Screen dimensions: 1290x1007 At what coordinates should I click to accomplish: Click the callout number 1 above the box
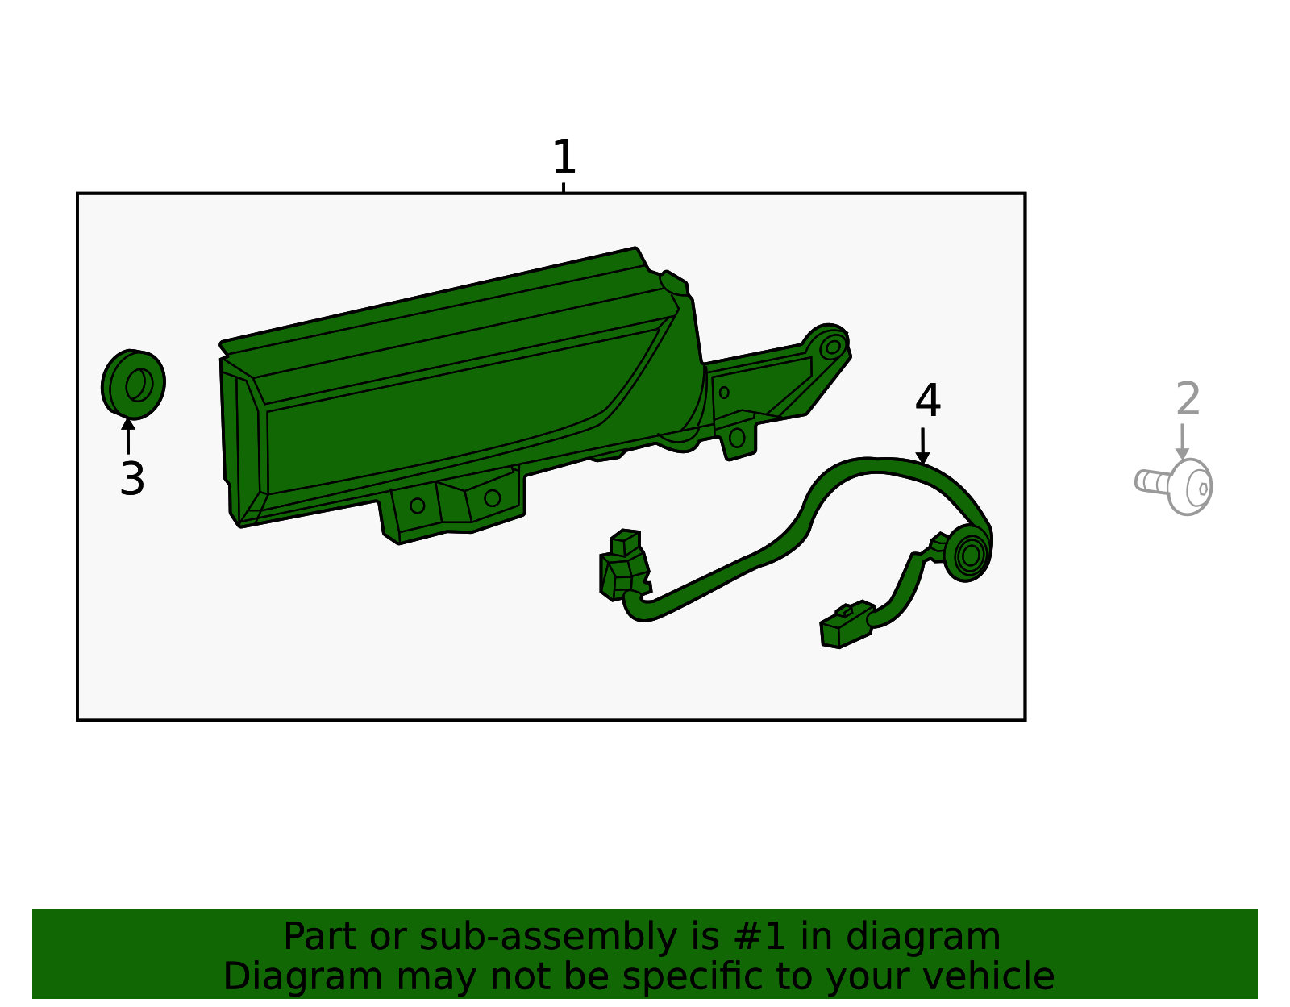click(x=564, y=156)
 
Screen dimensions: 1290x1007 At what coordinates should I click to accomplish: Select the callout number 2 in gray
click(x=1188, y=399)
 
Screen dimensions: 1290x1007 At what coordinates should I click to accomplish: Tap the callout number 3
click(x=131, y=479)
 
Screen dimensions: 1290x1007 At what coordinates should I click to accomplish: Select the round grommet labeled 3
click(x=133, y=384)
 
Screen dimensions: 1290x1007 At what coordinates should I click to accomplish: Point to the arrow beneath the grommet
click(x=127, y=436)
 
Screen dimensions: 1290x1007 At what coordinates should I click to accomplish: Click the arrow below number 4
click(x=922, y=446)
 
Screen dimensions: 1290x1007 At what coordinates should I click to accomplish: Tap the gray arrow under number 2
click(x=1182, y=442)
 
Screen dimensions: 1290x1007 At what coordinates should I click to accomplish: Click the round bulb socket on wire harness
click(x=968, y=554)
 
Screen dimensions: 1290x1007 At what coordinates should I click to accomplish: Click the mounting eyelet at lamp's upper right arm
click(x=833, y=347)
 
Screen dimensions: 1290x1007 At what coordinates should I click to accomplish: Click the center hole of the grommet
click(x=138, y=385)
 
